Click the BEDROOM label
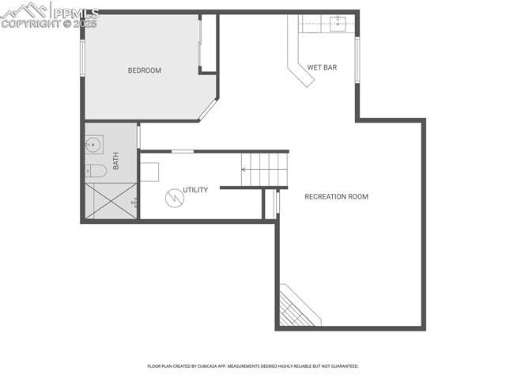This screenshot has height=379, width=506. coord(145,70)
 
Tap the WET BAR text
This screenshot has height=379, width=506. coord(322,67)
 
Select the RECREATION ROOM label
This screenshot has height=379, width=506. coord(336,196)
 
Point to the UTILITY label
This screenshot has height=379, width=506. coord(195,190)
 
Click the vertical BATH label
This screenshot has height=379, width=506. coord(115,161)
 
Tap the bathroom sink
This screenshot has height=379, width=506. coord(93,144)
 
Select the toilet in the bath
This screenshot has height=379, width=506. coord(96,170)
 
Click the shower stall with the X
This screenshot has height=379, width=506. coord(111,201)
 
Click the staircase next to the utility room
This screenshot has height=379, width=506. coord(265,169)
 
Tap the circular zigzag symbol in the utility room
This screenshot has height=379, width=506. coord(173,198)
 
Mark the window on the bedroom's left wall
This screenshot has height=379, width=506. coord(82,58)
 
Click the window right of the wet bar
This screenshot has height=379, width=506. coord(357,59)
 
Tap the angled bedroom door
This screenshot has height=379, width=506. coord(208,109)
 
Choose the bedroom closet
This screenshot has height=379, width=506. coord(208,44)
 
